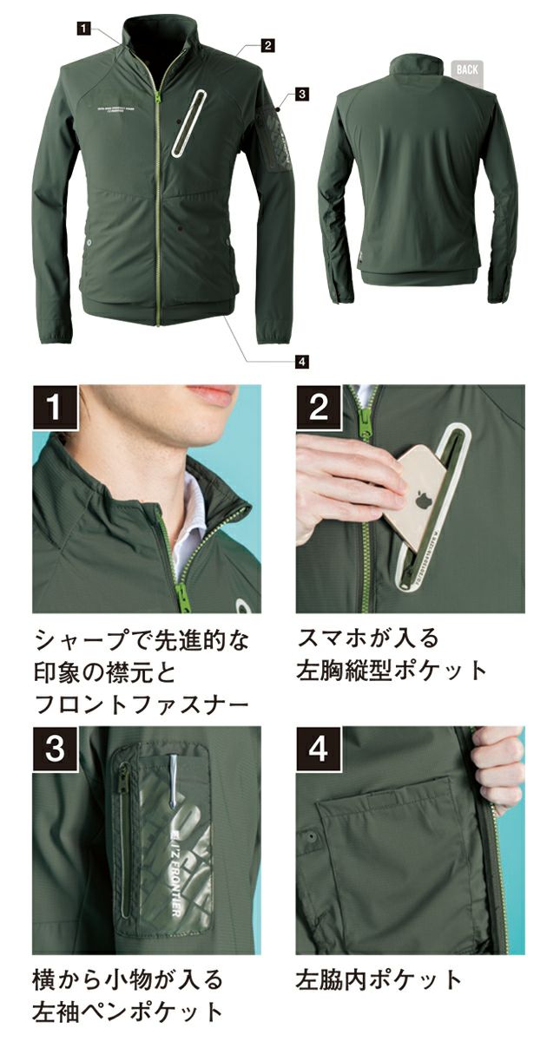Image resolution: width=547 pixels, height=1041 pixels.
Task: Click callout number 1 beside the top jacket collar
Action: click(x=82, y=29)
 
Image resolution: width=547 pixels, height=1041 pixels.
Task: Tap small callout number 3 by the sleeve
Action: click(x=301, y=93)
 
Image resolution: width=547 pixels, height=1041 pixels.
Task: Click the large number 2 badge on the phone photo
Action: click(x=319, y=406)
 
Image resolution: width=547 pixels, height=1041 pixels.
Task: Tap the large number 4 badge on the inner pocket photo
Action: click(x=319, y=749)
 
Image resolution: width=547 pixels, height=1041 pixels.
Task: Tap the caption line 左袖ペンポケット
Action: click(x=129, y=1012)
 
